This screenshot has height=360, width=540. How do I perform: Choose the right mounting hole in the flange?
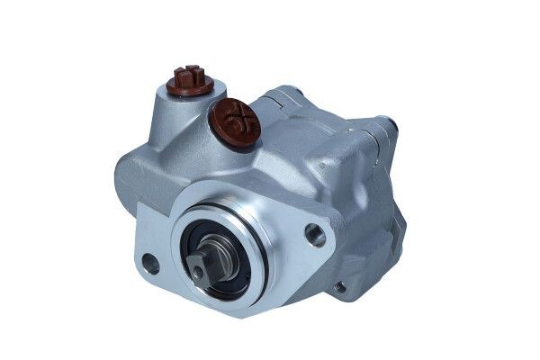tap(318, 236)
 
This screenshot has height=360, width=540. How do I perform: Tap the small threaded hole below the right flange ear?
tap(340, 288)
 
